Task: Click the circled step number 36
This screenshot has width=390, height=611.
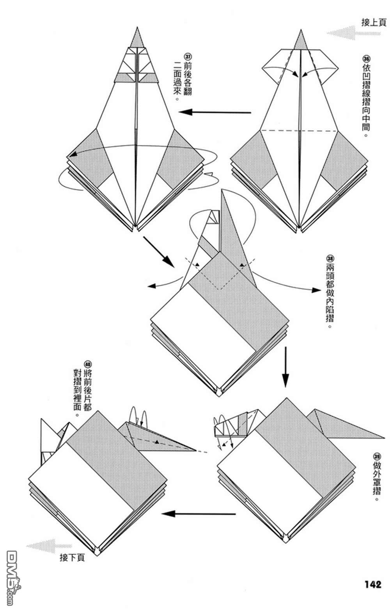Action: (x=366, y=59)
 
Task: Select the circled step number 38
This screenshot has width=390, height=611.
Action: (x=330, y=259)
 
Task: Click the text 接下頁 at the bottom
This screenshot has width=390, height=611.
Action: (x=72, y=558)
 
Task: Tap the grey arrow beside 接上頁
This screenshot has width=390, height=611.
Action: (x=342, y=33)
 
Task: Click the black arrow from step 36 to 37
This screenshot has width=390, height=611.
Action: (x=215, y=112)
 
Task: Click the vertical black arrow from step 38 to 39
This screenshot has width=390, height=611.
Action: (x=285, y=367)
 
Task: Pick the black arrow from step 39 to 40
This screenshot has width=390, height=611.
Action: (x=199, y=514)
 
